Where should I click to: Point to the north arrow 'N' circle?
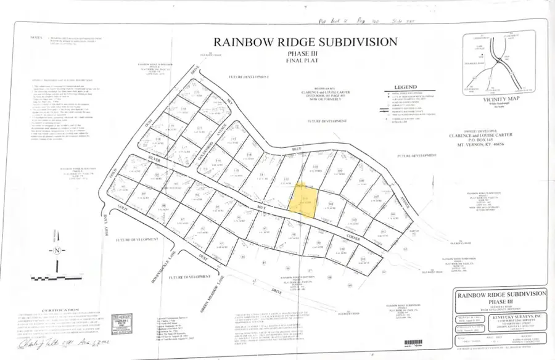point(57,250)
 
